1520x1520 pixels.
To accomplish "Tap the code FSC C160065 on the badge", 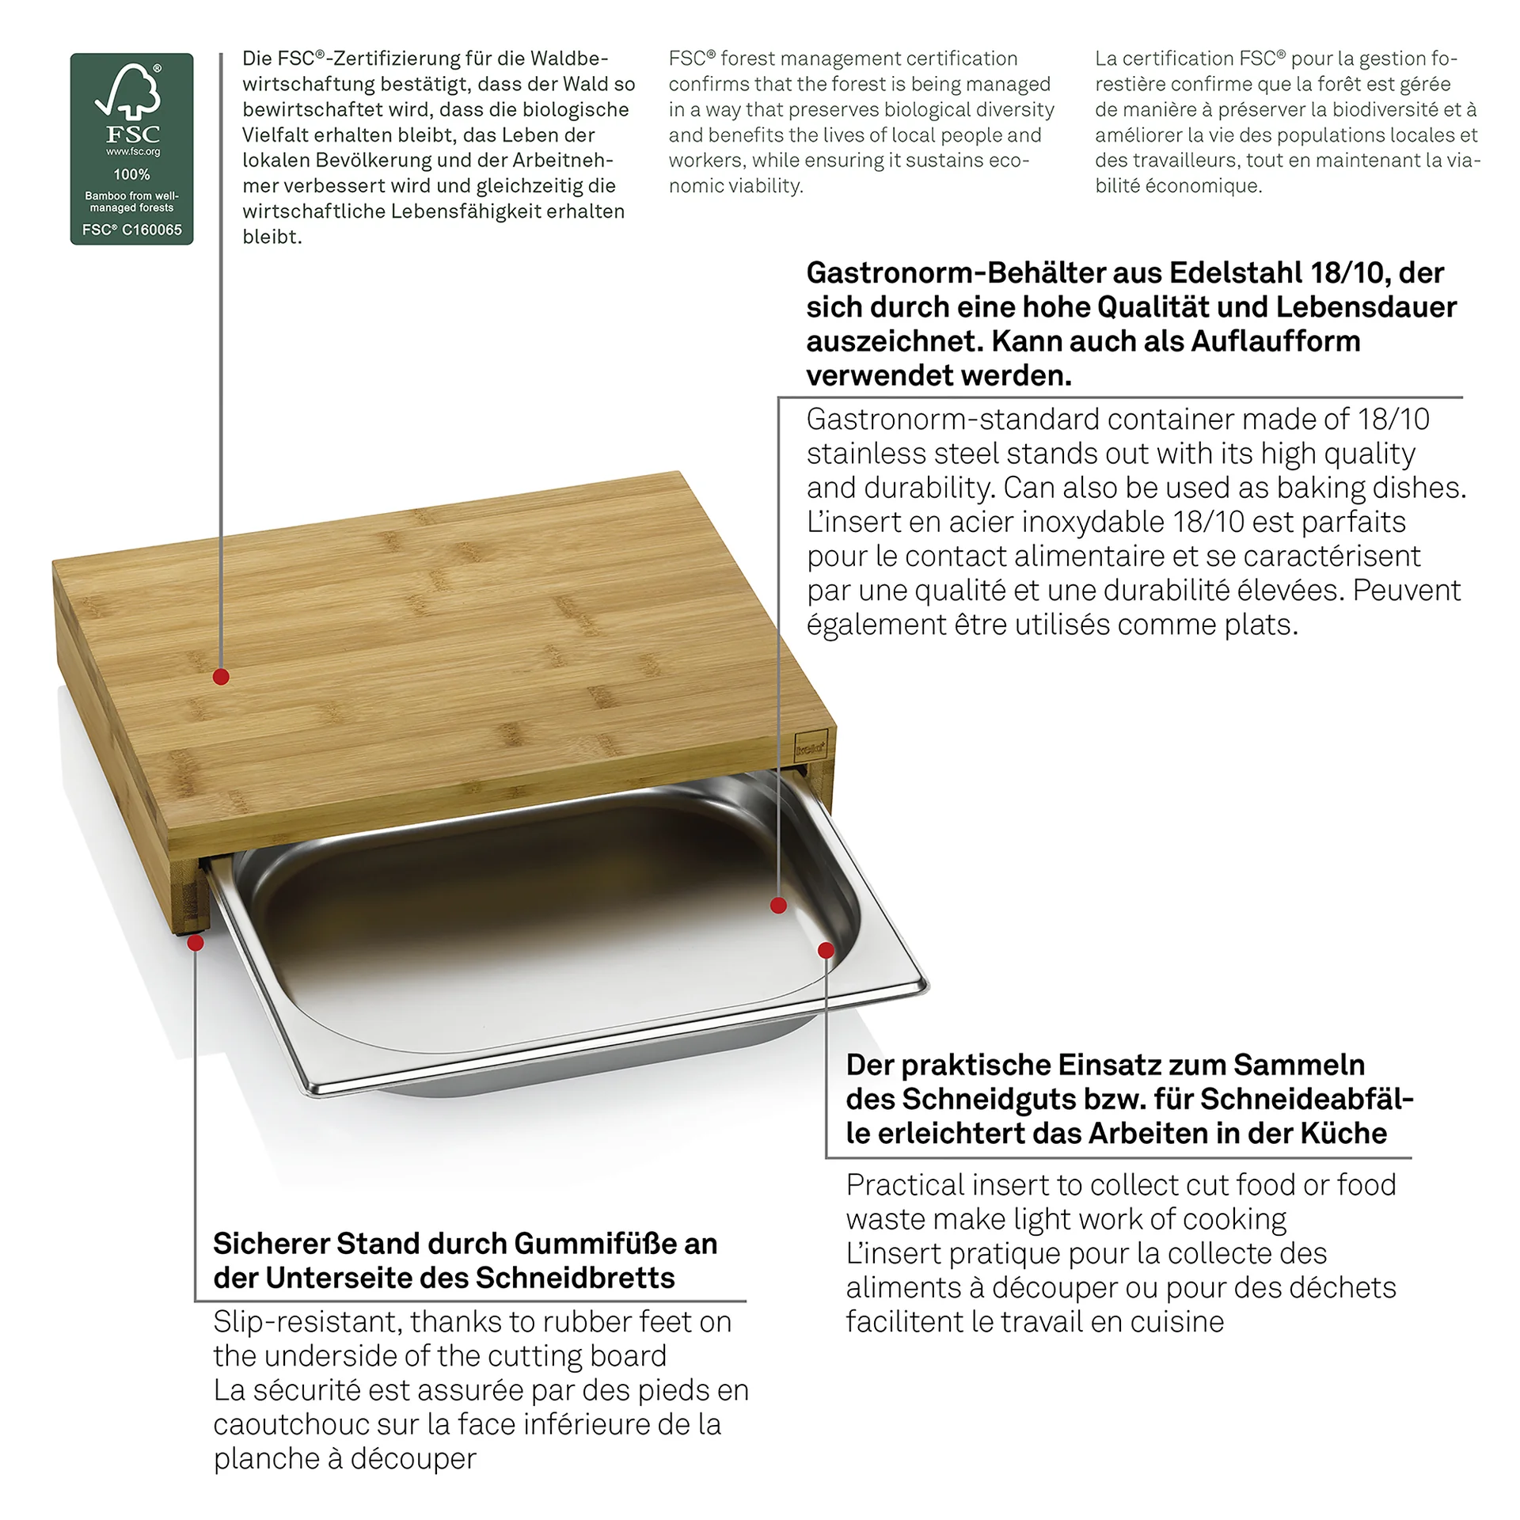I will tap(131, 230).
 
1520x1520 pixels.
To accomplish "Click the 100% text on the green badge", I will tap(131, 174).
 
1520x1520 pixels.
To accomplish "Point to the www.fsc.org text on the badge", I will tap(132, 151).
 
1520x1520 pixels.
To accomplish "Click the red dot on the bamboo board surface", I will tap(221, 677).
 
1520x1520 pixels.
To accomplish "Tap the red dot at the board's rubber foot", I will tap(196, 942).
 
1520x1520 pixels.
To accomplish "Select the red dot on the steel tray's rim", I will tap(826, 950).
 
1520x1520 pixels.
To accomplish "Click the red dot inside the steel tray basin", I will tap(778, 905).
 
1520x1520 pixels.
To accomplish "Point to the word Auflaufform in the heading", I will tap(1275, 341).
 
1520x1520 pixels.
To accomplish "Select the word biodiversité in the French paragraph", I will tap(1376, 109).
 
